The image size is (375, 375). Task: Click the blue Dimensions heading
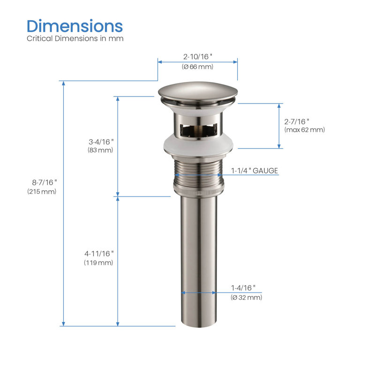pyautogui.click(x=75, y=26)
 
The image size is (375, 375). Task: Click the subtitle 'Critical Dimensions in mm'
pyautogui.click(x=75, y=38)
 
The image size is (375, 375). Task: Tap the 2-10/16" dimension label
pyautogui.click(x=197, y=57)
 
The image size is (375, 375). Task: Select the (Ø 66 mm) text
pyautogui.click(x=197, y=67)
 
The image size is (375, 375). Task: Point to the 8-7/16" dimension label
pyautogui.click(x=45, y=182)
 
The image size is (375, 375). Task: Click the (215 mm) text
pyautogui.click(x=42, y=192)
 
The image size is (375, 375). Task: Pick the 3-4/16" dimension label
pyautogui.click(x=101, y=142)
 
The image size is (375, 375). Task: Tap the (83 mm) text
pyautogui.click(x=100, y=150)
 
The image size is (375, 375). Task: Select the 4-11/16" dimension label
pyautogui.click(x=99, y=254)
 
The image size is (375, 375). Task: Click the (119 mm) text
pyautogui.click(x=98, y=263)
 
